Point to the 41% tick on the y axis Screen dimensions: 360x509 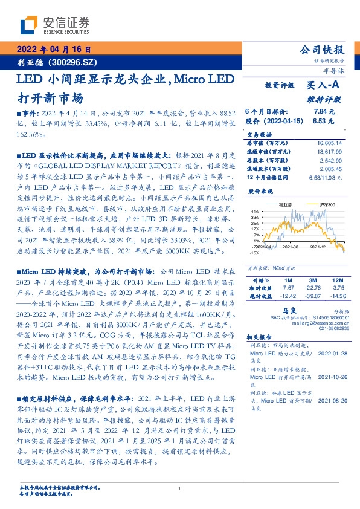point(256,210)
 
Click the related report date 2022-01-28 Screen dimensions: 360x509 point(330,352)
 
